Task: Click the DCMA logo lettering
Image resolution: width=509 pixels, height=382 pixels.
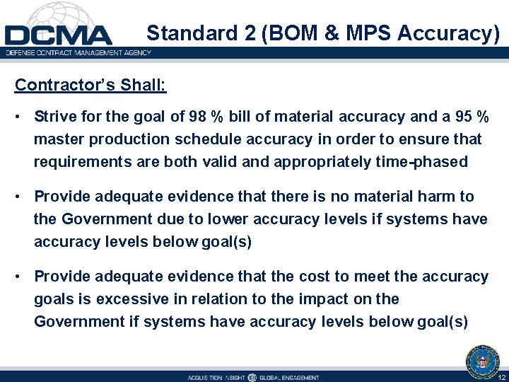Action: [x=58, y=35]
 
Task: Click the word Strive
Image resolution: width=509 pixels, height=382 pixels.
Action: [x=54, y=116]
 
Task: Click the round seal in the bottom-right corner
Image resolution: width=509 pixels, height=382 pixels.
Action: [x=483, y=361]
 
